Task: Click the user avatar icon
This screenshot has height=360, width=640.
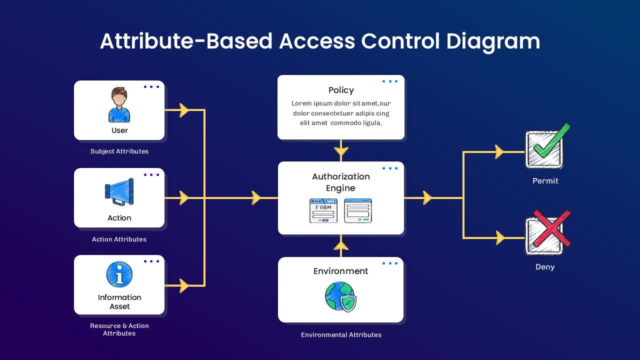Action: pos(119,105)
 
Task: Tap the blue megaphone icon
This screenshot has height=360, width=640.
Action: pos(119,192)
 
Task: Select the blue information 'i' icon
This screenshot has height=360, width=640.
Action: pos(119,274)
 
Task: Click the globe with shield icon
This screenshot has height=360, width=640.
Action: pos(341,297)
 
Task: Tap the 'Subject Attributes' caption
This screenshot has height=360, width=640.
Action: pos(119,151)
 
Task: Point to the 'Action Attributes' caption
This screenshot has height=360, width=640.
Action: pos(119,239)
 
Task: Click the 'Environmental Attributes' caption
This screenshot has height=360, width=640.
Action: pos(341,335)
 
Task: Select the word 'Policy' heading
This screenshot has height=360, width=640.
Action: pos(341,90)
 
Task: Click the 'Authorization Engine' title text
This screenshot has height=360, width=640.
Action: pos(341,182)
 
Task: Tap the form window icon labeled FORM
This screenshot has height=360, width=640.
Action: pos(323,210)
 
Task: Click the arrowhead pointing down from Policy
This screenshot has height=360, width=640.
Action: pos(341,150)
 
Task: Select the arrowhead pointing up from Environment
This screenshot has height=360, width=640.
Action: pos(341,245)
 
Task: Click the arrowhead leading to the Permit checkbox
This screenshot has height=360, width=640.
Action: pos(499,152)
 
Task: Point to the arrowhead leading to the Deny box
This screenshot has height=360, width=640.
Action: pos(499,238)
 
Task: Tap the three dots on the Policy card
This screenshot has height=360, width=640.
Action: pos(390,81)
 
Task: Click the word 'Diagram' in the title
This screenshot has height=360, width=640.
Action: pos(493,41)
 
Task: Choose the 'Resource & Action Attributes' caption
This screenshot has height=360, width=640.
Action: pos(119,329)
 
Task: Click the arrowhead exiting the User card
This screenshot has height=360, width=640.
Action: pos(184,110)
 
